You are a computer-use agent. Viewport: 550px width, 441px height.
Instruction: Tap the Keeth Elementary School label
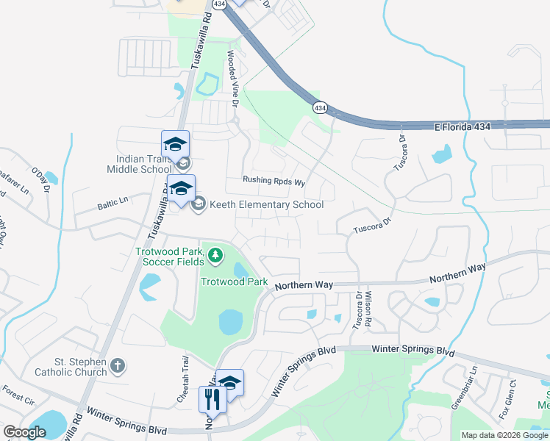(x=266, y=204)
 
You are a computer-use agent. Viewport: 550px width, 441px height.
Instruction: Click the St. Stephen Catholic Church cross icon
(x=117, y=365)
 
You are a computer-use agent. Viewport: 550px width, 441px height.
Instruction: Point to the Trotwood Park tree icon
(x=215, y=256)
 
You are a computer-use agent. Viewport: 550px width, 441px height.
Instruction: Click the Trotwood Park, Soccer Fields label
(x=170, y=256)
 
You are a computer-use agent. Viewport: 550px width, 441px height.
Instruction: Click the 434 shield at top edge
(x=219, y=4)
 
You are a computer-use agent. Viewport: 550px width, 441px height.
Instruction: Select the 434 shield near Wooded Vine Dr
(x=319, y=107)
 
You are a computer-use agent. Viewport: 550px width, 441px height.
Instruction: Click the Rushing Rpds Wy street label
(x=274, y=181)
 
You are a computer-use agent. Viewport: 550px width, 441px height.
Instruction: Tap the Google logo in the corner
(x=24, y=432)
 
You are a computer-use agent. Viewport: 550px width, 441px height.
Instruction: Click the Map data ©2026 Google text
(x=504, y=435)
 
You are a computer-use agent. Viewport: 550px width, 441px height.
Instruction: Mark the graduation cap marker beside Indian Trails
(x=176, y=144)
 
